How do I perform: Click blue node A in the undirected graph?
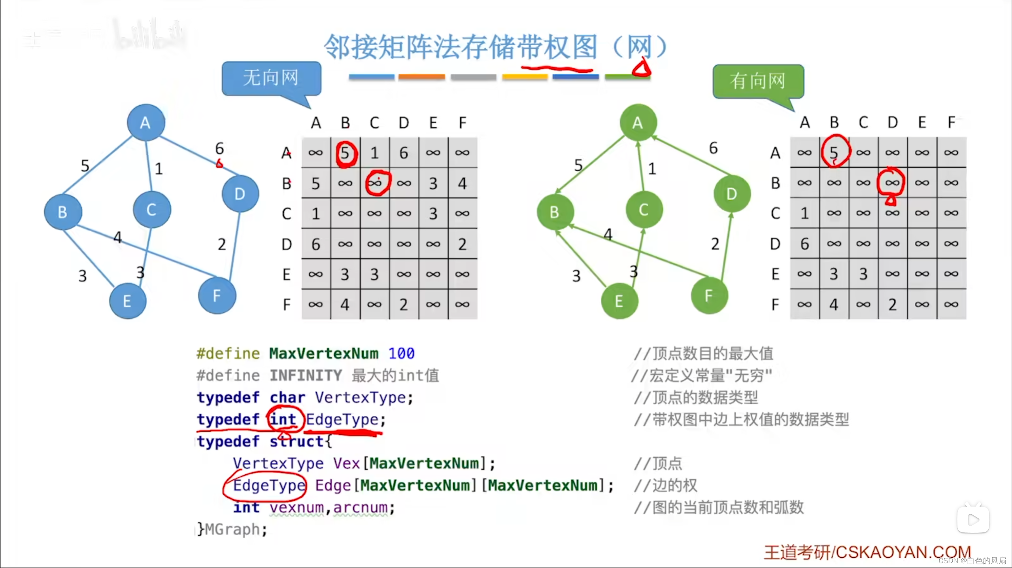[x=146, y=123]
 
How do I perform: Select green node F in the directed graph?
[x=709, y=295]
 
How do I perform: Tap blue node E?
[x=127, y=301]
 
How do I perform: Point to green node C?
[x=644, y=210]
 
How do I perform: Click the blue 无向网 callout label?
[x=271, y=78]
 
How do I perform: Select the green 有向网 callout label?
[x=758, y=81]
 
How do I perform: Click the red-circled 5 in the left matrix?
[x=346, y=153]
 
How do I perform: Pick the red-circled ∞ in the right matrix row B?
[x=892, y=183]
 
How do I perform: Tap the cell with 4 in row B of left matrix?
[x=462, y=184]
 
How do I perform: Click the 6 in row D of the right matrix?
[x=804, y=244]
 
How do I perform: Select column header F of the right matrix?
[x=952, y=122]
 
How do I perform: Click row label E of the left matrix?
[x=287, y=274]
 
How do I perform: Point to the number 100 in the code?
[x=401, y=353]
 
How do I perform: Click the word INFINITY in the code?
[x=306, y=375]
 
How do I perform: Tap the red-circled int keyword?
[x=283, y=419]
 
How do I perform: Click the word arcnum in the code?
[x=360, y=507]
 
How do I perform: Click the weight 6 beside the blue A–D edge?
[x=219, y=148]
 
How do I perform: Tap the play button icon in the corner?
[x=973, y=519]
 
